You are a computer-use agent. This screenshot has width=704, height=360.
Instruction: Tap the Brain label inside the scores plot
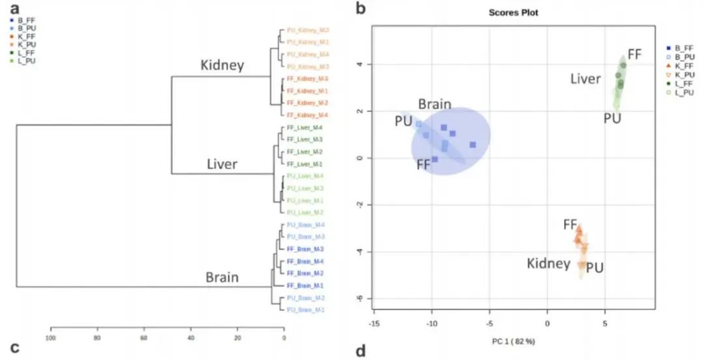click(435, 104)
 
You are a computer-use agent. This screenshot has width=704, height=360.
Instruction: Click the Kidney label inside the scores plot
click(549, 263)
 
